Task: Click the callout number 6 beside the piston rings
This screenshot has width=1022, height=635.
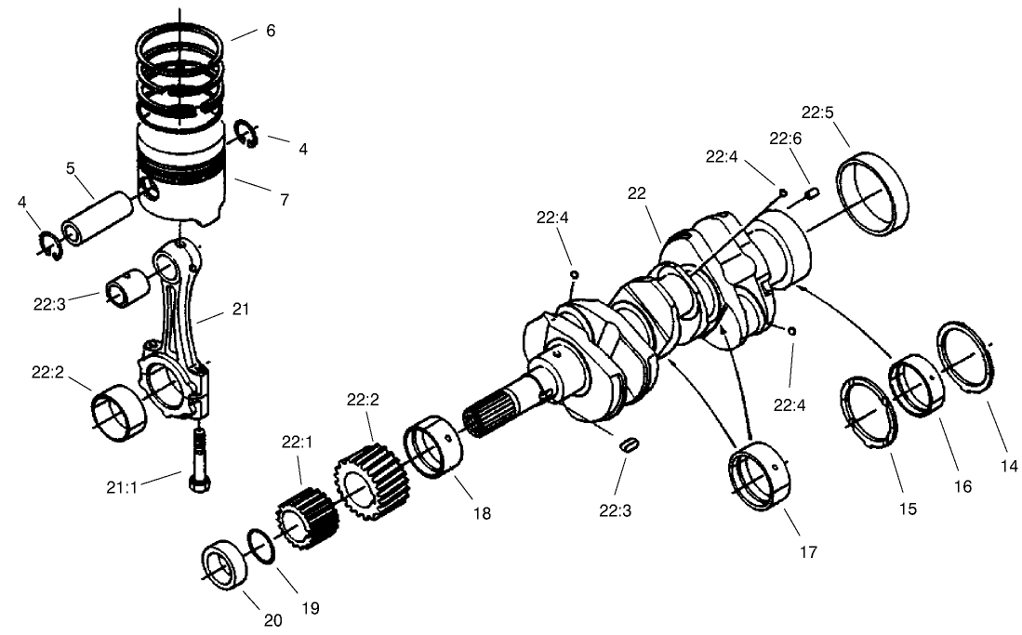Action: [270, 31]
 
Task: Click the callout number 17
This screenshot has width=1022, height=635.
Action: [808, 551]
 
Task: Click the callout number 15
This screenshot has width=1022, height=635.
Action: [908, 509]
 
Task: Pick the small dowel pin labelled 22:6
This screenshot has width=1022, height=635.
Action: [811, 193]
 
